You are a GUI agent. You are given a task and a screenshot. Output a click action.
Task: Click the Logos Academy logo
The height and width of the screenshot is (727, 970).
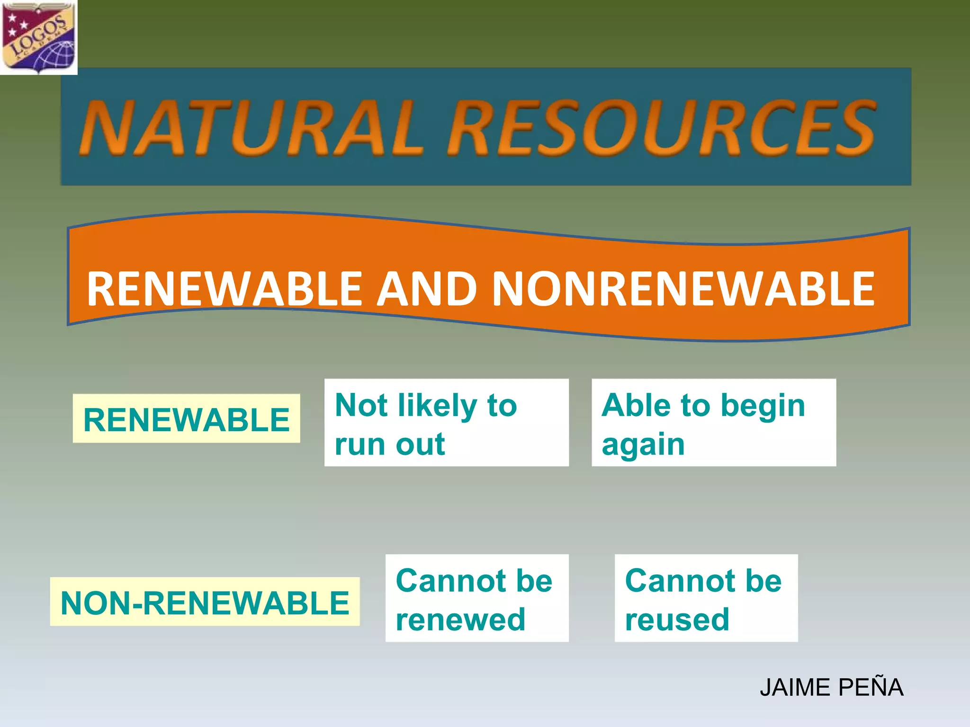coord(38,37)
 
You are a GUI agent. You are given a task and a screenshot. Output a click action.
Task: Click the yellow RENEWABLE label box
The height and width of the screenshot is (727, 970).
coord(186,419)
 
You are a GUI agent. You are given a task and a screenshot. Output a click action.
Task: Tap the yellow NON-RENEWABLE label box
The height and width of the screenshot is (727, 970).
coord(205,602)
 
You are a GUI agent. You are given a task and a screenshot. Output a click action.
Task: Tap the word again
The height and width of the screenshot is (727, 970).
coord(643,445)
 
